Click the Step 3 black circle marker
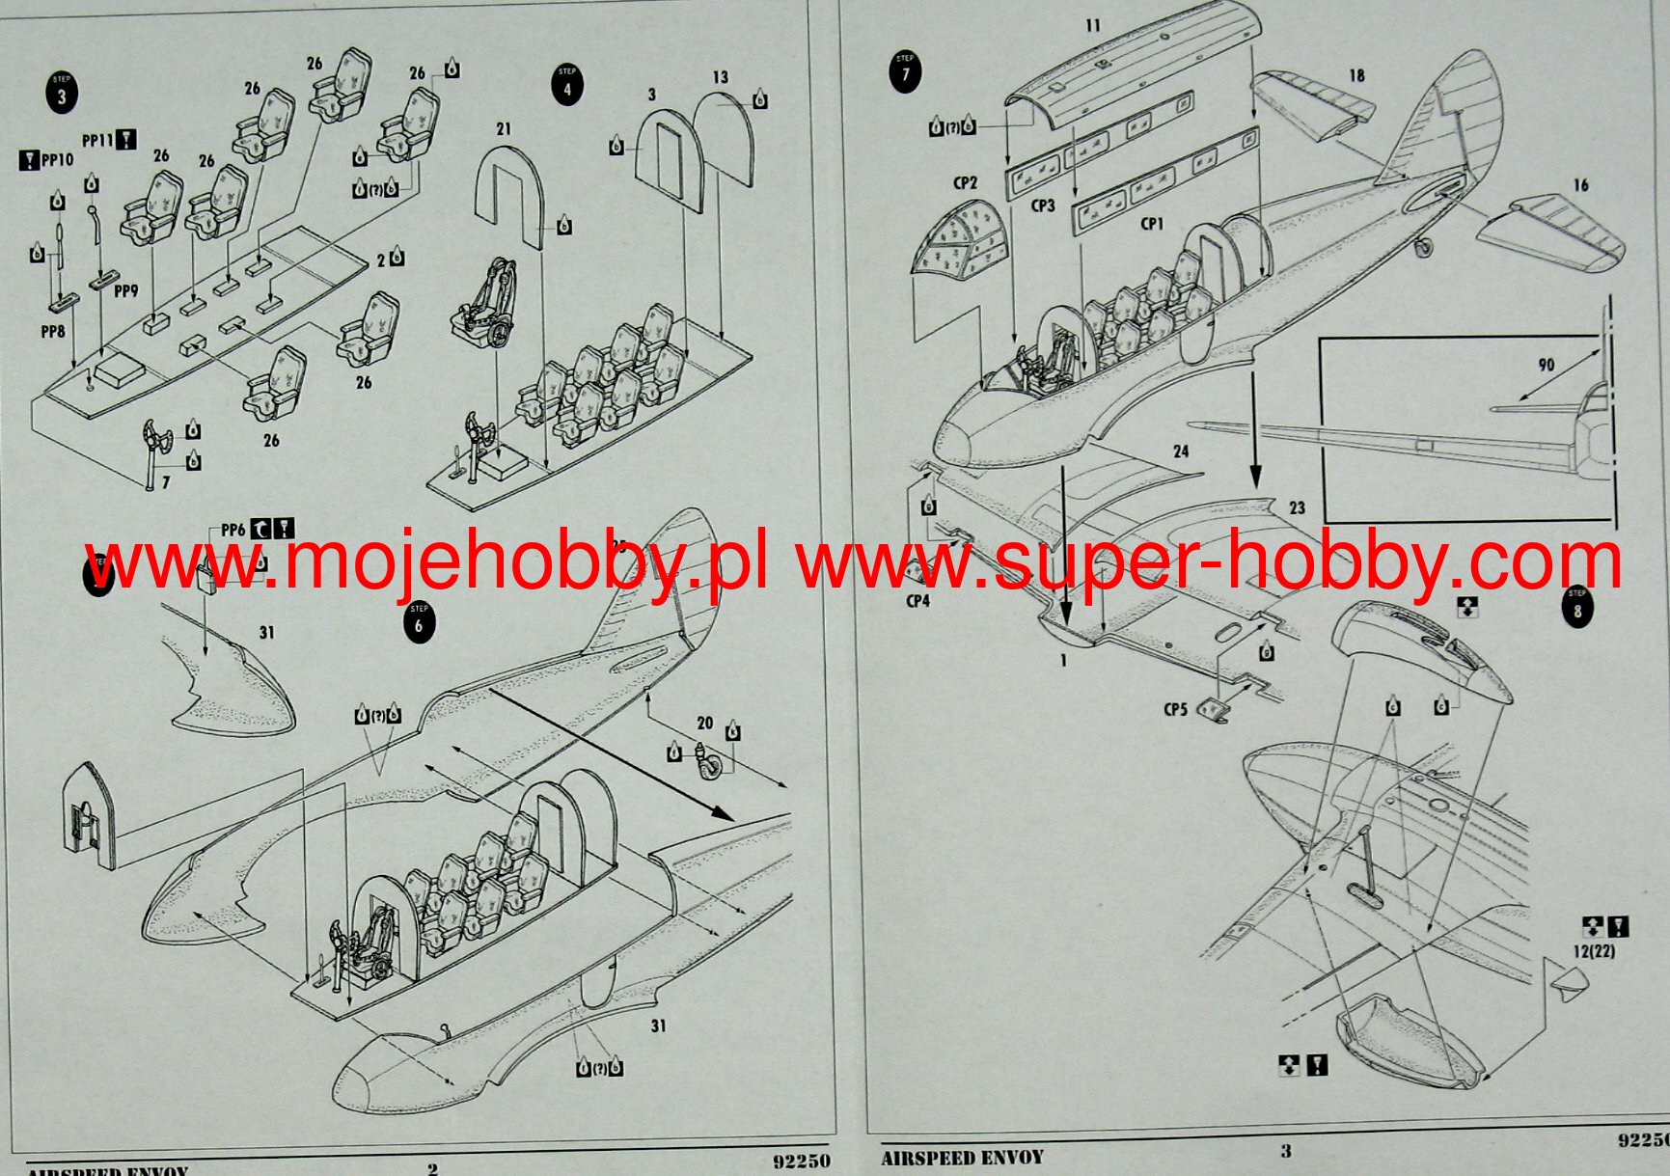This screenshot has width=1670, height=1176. (62, 94)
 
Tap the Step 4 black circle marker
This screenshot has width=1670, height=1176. (567, 86)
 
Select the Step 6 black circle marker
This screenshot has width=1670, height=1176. (419, 622)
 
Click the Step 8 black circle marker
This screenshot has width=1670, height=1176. (1577, 608)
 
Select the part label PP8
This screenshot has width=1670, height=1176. (53, 331)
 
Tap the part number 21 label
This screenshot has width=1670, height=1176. (504, 128)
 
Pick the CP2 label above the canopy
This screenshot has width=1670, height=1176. (965, 182)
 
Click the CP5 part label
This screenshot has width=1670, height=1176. (1174, 709)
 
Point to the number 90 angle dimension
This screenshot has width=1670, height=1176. (1546, 365)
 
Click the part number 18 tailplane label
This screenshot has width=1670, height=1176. (1356, 75)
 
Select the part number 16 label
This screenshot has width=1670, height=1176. (1580, 185)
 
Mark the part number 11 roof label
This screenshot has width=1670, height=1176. (1092, 25)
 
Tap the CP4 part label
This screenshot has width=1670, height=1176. (917, 601)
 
